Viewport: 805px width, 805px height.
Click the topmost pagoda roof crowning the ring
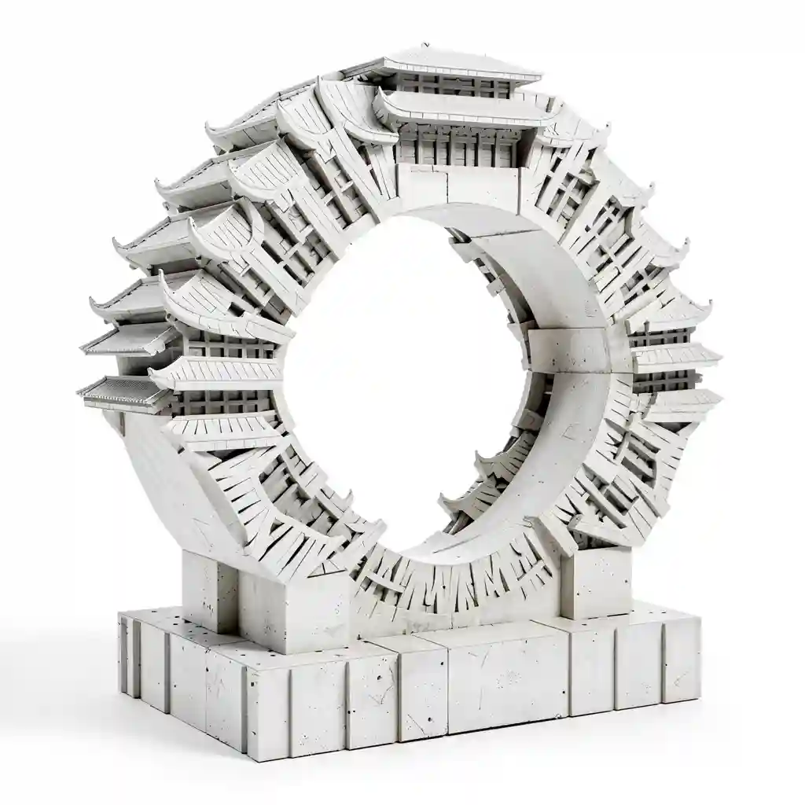[460, 67]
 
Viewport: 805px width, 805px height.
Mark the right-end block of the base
[680, 660]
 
